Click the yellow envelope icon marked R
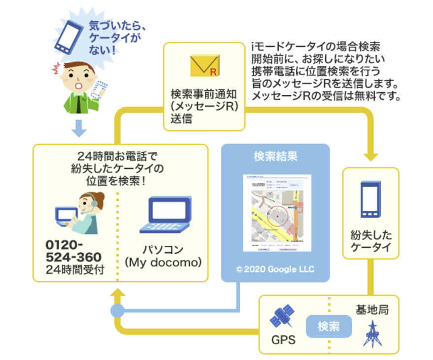(x=204, y=66)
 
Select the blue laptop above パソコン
(x=165, y=215)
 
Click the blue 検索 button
(x=329, y=327)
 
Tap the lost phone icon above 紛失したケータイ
(x=371, y=199)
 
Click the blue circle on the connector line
(x=117, y=311)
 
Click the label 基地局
(x=372, y=310)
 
